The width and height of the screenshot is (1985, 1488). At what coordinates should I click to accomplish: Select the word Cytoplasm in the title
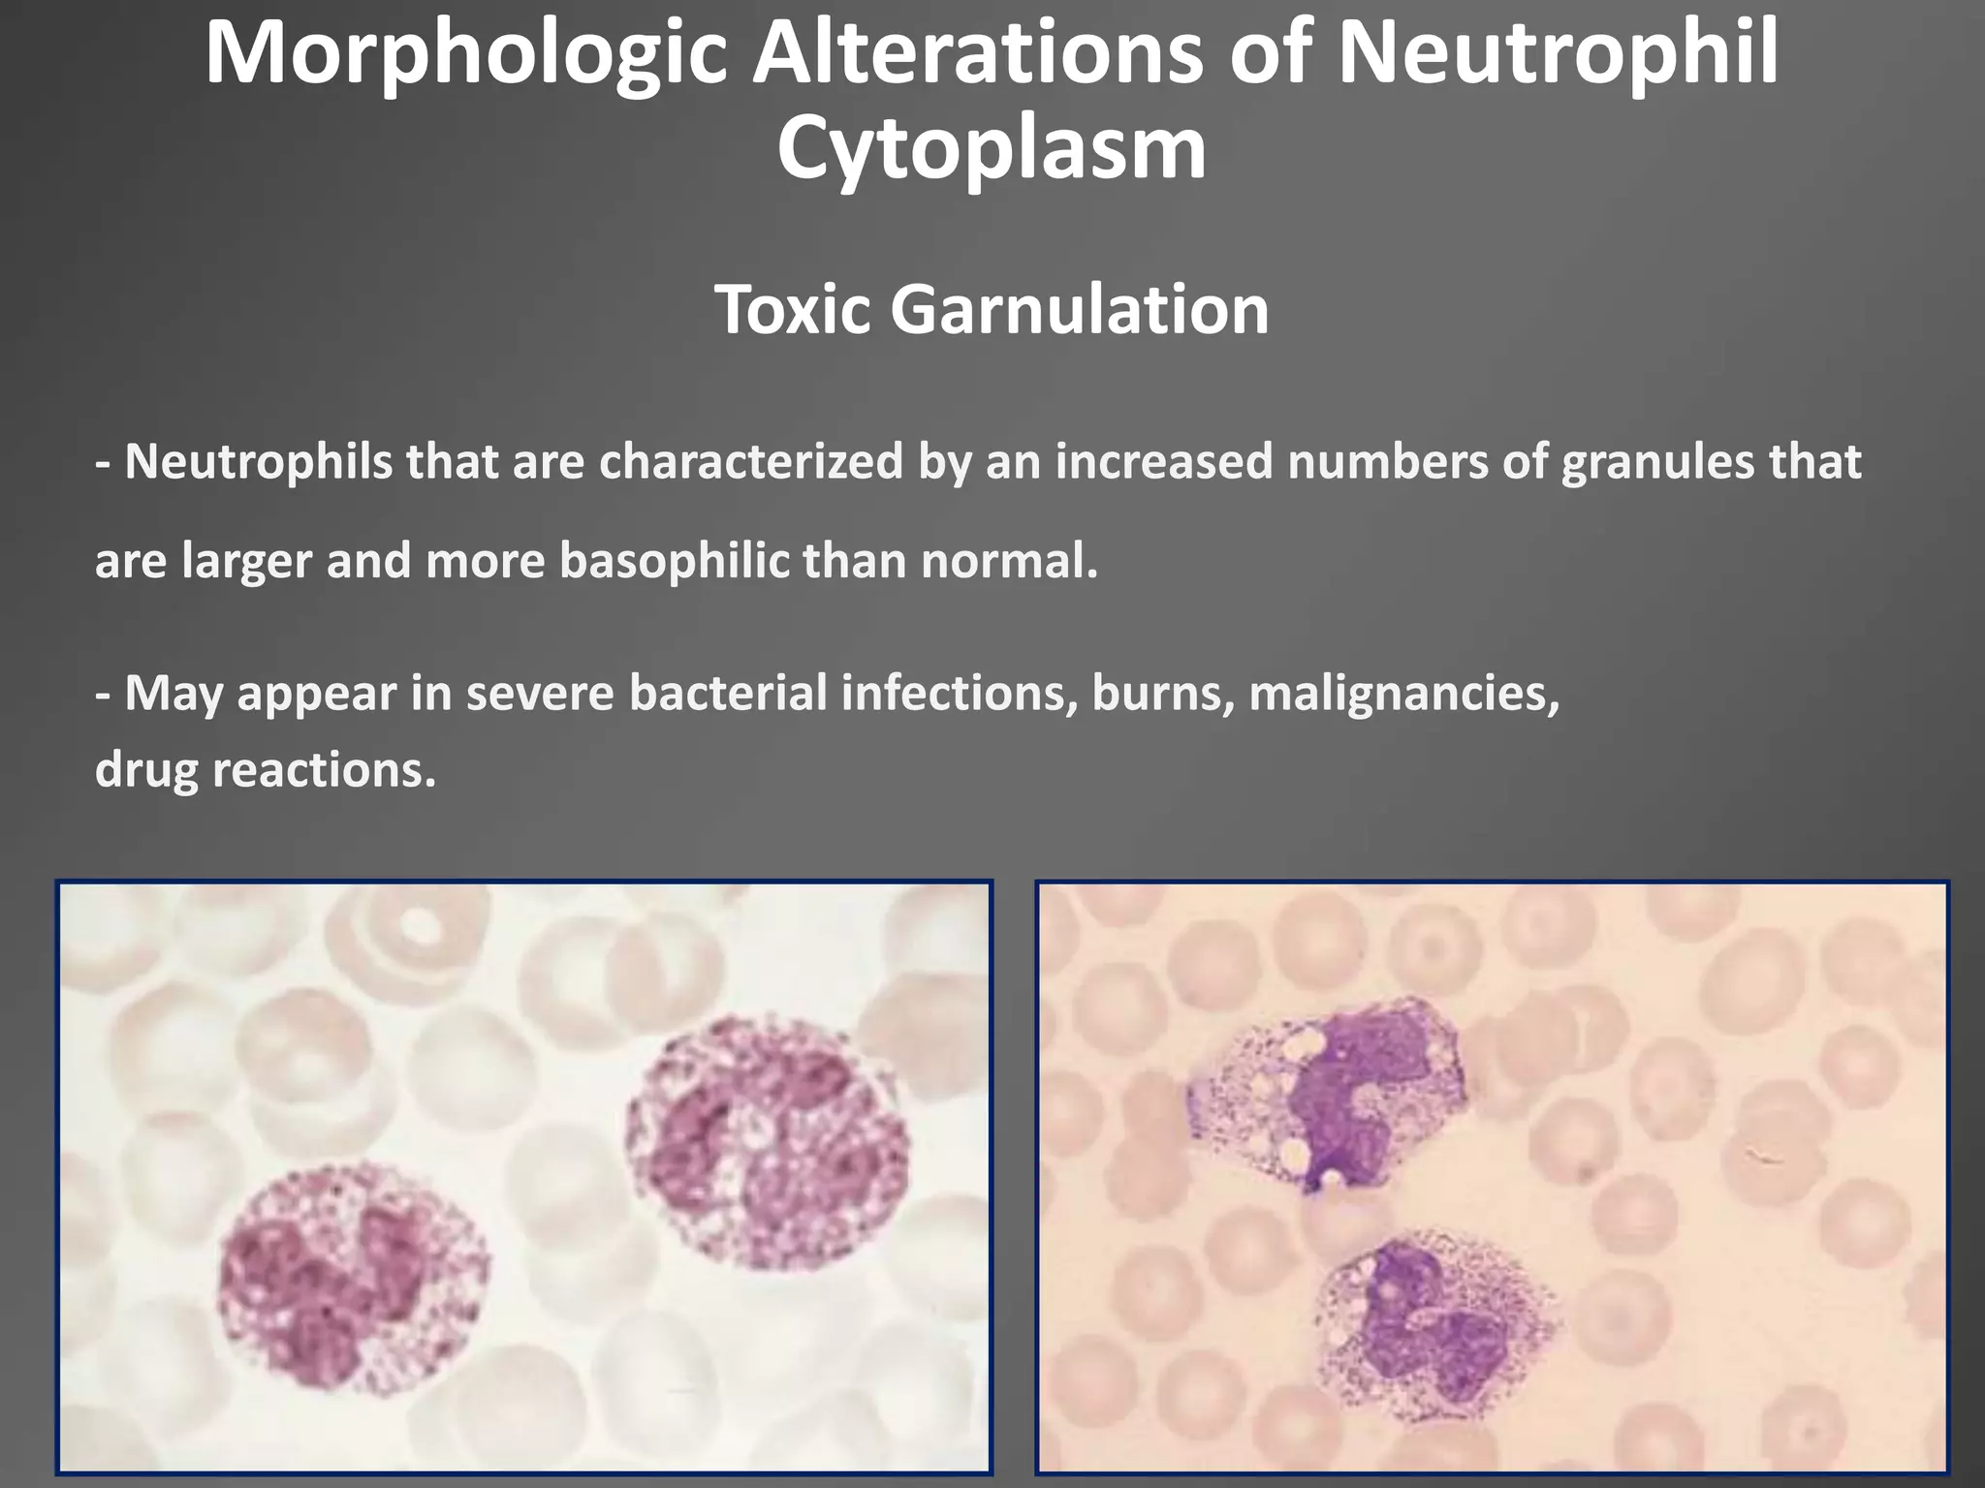[x=992, y=150]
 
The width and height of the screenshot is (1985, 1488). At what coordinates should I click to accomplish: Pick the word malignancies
[x=1404, y=694]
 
